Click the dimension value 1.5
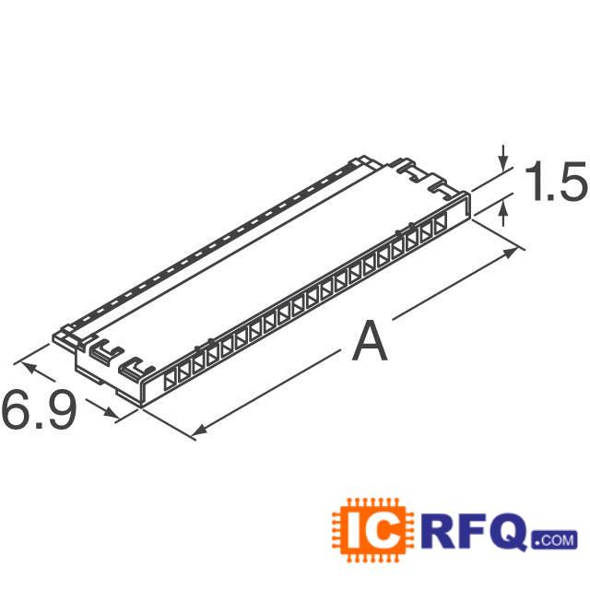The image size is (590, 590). coord(554,183)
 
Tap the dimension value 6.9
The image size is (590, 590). coord(39,412)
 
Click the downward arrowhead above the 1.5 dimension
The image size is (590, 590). coord(503,164)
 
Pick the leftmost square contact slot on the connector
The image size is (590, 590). coord(171,378)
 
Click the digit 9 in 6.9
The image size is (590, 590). coord(57,412)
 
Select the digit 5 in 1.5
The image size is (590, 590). coord(571,183)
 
